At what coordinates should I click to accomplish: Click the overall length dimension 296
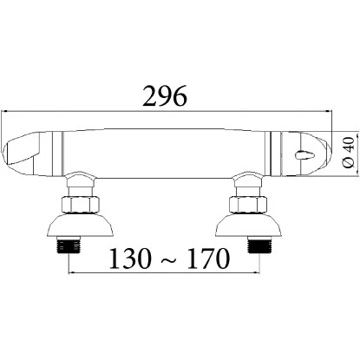point(166,95)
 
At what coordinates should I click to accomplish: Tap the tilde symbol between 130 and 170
point(168,259)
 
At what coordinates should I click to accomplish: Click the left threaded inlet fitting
point(68,245)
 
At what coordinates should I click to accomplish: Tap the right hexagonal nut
point(248,206)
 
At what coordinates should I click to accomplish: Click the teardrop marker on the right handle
point(301,155)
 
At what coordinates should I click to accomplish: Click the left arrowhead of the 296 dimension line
point(6,111)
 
